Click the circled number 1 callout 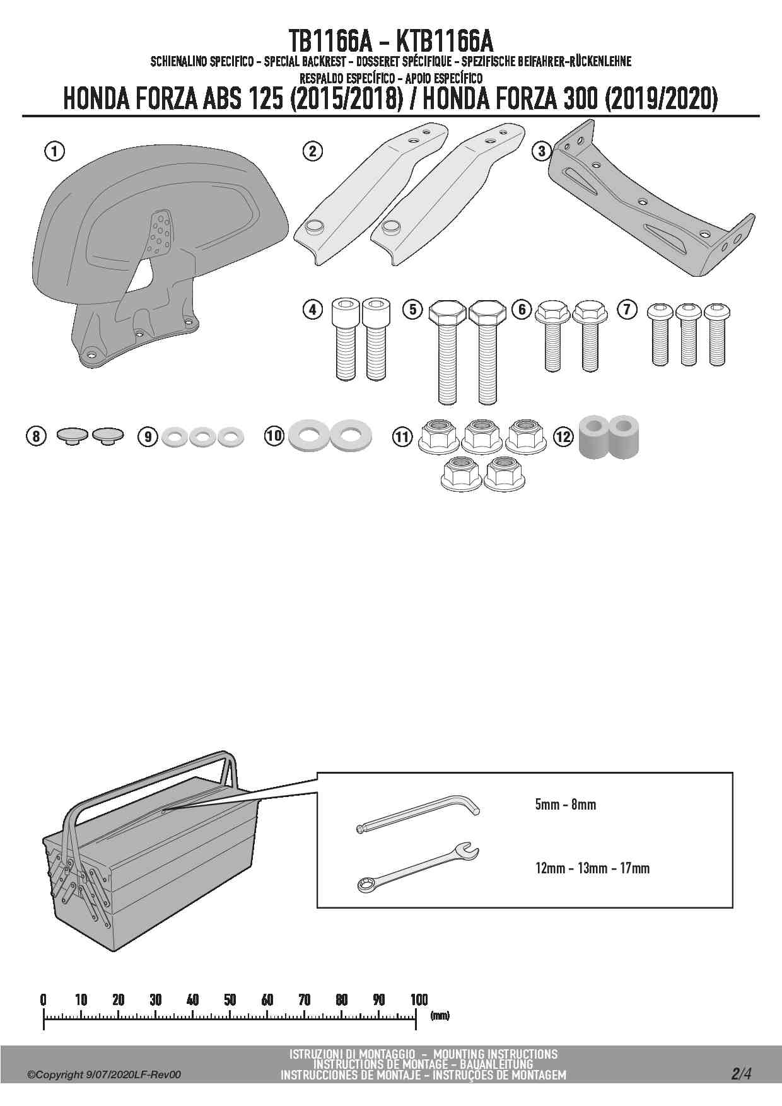(55, 151)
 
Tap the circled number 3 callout (542, 151)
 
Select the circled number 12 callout (563, 436)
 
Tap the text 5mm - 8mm (565, 805)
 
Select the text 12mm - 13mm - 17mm (592, 868)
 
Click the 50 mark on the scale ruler (230, 999)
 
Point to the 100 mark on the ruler (419, 999)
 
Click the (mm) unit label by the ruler (440, 1016)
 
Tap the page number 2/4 (741, 1073)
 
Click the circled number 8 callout (36, 436)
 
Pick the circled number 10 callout (274, 436)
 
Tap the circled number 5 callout (413, 309)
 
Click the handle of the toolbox (151, 782)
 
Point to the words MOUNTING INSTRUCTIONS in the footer (495, 1054)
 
